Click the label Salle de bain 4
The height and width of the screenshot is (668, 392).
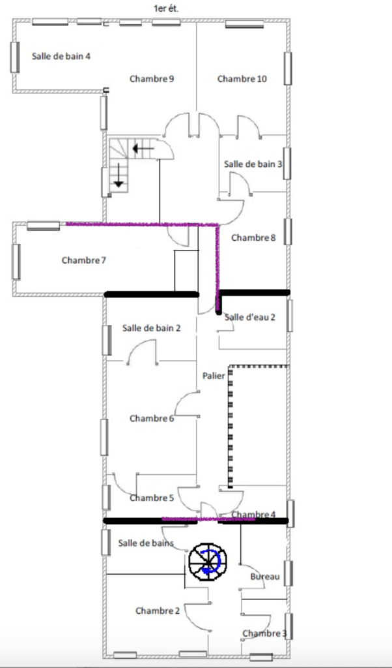pos(61,56)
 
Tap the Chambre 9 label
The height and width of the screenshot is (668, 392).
pos(152,79)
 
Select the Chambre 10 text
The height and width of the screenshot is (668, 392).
pos(242,79)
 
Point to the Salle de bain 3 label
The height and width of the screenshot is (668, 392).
pos(253,164)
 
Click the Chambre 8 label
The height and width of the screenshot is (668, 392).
pos(253,237)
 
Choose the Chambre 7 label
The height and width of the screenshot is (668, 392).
pos(84,260)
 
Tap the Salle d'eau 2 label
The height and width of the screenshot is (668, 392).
pos(250,317)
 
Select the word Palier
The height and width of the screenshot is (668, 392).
pos(213,376)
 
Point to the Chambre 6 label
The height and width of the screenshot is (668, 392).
pos(152,418)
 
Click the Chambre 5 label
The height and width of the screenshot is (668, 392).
pos(152,498)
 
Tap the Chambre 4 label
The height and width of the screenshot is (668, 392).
pos(253,515)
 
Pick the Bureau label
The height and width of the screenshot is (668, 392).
pos(265,577)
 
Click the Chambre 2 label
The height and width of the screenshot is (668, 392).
pos(158,611)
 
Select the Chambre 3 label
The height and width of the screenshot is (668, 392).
pos(264,633)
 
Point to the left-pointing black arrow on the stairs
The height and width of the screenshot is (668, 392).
pos(143,149)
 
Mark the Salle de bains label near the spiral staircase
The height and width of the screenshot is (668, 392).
pos(146,543)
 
